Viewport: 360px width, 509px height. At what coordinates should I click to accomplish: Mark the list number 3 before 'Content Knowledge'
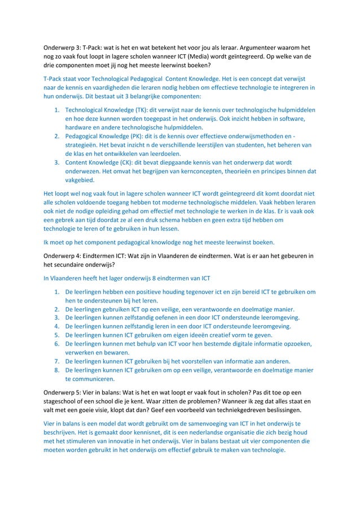point(56,162)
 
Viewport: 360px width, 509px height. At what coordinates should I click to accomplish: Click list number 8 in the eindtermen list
point(56,370)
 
